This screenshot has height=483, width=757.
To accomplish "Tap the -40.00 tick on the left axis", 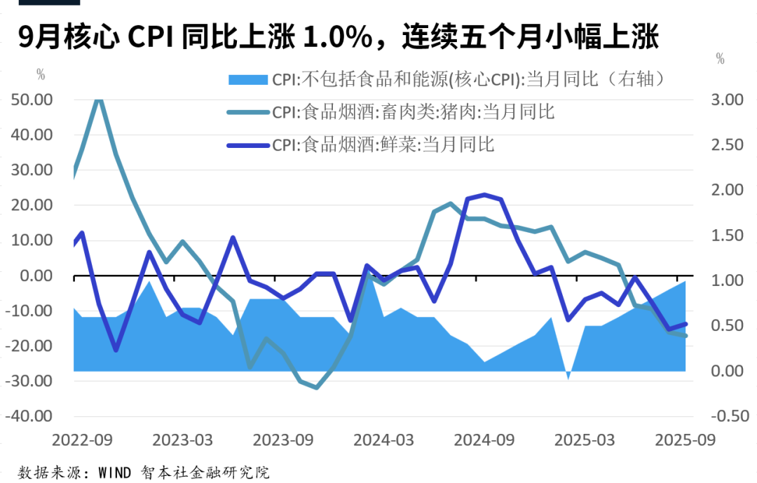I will coord(31,416).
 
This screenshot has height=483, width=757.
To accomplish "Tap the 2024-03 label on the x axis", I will coord(383,440).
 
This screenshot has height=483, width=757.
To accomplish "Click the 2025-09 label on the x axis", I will coord(683,440).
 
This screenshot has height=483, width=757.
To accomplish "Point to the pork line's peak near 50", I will coord(99,99).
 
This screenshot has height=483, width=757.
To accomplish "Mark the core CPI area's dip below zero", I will coord(568,377).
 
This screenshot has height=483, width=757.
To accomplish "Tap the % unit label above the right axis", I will coord(720,60).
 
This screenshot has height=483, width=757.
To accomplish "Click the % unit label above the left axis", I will coord(41,73).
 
